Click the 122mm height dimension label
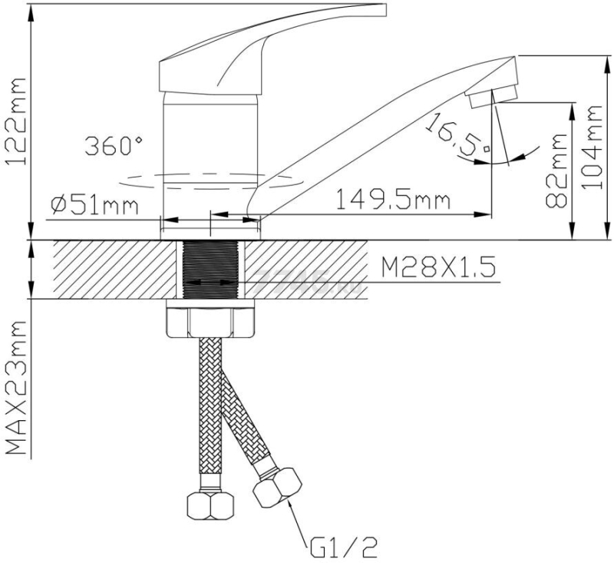[15, 122]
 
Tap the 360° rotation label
[114, 146]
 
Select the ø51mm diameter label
[94, 205]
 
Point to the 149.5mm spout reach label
[393, 199]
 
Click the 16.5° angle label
[457, 135]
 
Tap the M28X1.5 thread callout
[438, 267]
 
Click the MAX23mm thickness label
[15, 388]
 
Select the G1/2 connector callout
[343, 548]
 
